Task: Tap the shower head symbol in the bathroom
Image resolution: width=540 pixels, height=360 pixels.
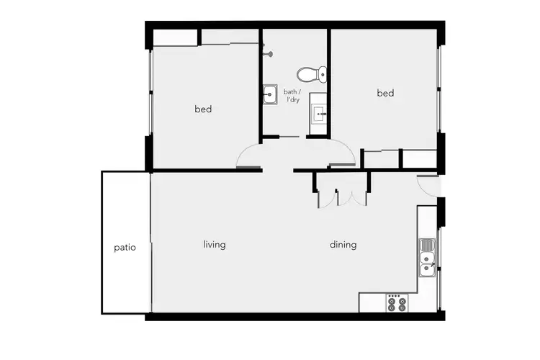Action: [269, 52]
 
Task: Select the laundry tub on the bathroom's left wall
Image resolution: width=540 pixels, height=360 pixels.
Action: [270, 94]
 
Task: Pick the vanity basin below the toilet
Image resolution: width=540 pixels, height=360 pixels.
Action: [318, 113]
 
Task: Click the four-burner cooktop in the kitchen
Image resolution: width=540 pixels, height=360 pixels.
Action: [397, 302]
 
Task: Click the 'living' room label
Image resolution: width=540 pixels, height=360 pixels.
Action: [215, 245]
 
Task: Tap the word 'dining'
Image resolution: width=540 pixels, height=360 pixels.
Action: [343, 245]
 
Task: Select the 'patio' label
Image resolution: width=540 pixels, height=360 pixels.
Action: [125, 247]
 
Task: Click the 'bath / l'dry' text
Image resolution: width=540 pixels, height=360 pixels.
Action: [291, 96]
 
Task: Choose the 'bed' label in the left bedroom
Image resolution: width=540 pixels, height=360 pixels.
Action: [203, 109]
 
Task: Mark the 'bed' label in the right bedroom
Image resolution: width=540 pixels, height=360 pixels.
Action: [385, 93]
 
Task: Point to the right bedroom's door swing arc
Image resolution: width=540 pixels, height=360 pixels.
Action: [343, 153]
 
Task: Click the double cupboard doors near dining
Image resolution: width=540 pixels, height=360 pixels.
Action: [343, 198]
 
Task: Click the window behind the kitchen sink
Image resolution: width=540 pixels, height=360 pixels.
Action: [440, 252]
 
